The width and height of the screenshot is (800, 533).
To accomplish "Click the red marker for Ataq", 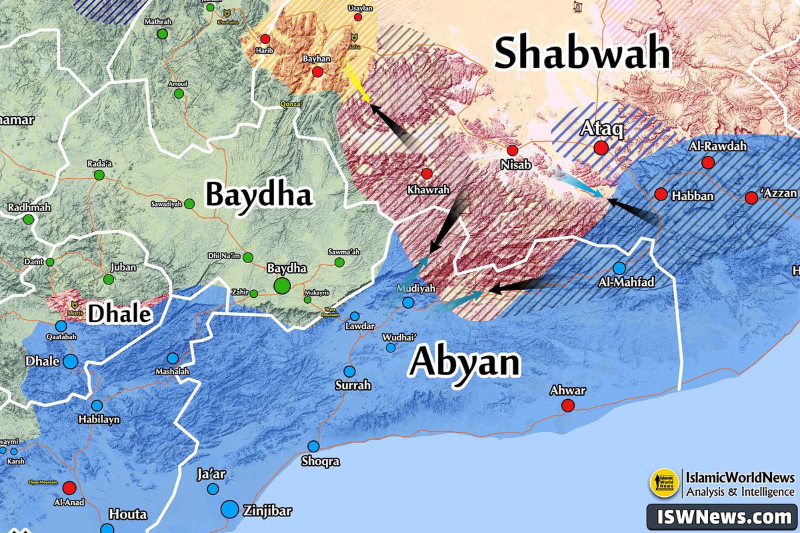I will pos(601,148).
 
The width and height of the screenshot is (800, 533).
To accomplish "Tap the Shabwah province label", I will pos(581,53).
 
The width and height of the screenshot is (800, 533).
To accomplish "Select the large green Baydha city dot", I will pos(282,286).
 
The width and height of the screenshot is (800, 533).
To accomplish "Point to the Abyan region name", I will pos(464,362).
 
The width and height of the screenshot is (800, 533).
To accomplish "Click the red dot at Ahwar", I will pos(567,406).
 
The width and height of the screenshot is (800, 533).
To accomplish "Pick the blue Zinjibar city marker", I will pos(229,510).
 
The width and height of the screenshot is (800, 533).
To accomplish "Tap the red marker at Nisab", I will pos(512,151).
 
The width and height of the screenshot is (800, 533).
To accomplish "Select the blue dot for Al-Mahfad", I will pos(619,268).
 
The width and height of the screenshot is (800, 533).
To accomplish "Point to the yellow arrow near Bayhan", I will pos(360,91).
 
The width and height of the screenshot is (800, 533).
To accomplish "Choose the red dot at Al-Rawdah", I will pos(708,163).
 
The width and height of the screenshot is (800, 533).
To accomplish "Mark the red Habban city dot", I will pos(661,194).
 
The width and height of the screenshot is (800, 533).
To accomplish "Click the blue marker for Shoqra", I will pos(313,446).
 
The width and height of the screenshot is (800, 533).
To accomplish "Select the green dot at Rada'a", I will pos(99,175).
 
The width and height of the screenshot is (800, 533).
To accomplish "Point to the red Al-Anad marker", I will pos(69,487).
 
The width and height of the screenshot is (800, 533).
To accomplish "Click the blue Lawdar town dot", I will pos(355,316).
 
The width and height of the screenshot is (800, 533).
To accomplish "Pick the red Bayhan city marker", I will pos(317,72).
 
